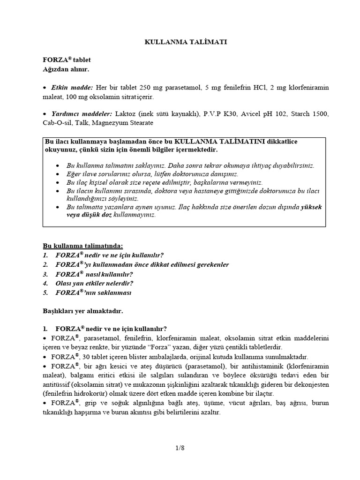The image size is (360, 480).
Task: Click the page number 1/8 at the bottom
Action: coord(180,448)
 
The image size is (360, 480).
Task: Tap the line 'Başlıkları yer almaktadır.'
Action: coord(83,310)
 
